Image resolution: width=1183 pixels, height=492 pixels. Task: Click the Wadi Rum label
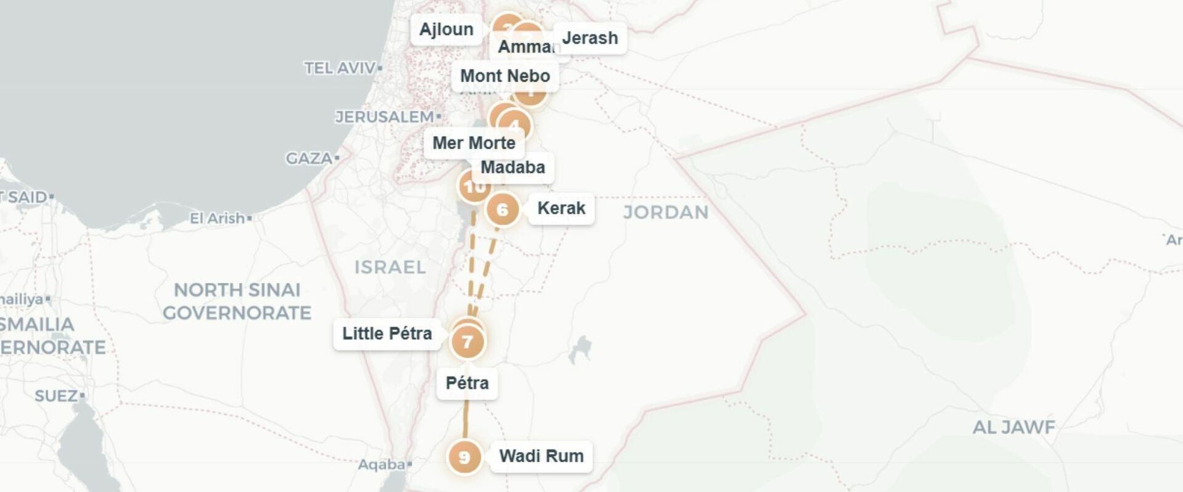tap(541, 456)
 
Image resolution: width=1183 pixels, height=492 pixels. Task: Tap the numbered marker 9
tap(464, 457)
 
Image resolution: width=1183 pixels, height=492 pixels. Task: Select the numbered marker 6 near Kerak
tap(502, 210)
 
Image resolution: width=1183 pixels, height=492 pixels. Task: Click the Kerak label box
tap(561, 208)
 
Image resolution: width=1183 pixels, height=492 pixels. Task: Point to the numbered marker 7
tap(467, 342)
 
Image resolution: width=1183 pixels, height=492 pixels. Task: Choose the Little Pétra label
tap(387, 334)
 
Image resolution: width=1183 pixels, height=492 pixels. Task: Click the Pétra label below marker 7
tap(467, 383)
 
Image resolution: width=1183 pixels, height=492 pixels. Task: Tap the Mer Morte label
tap(473, 143)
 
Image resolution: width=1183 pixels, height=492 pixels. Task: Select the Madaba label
tap(513, 167)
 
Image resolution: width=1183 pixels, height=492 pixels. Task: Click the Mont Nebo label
tap(505, 76)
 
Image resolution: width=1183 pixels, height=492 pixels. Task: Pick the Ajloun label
tap(446, 30)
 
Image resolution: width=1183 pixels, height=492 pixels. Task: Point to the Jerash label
tap(590, 38)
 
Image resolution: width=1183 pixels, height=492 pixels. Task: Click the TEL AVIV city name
tap(339, 68)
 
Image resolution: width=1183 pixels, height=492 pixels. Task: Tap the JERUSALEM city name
tap(384, 117)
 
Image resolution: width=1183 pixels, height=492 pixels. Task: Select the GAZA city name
tap(309, 158)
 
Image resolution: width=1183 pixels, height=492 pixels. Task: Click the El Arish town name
tap(217, 218)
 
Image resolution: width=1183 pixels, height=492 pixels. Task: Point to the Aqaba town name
tap(381, 464)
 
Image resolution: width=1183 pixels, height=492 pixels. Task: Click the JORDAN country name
tap(665, 213)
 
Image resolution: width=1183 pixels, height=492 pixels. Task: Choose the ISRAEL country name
tap(390, 267)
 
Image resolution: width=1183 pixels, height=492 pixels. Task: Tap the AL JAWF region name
tap(1014, 427)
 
